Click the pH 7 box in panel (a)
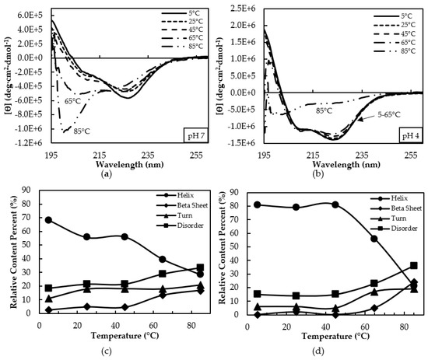pos(195,135)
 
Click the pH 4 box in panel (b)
pos(411,135)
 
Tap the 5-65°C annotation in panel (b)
pos(388,115)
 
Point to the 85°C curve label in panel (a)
pos(82,131)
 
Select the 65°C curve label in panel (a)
pos(72,101)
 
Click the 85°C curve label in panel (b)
pos(324,110)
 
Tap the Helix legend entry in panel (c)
pos(175,195)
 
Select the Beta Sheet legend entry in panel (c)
pos(182,205)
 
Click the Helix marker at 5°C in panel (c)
pos(48,220)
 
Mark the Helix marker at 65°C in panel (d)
pos(374,239)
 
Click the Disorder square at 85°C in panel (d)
pos(414,265)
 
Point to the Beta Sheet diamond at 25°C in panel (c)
pos(87,306)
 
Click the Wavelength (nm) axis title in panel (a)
pos(130,164)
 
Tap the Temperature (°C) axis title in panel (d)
pos(335,336)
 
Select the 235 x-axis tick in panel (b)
pos(363,156)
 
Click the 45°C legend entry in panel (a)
pos(182,30)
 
